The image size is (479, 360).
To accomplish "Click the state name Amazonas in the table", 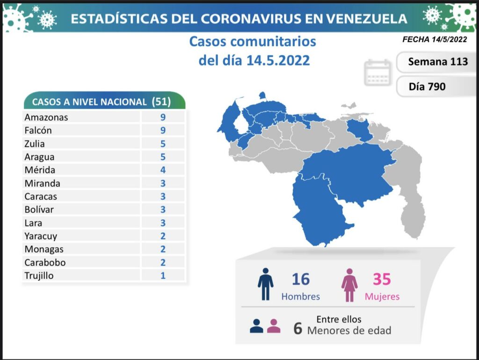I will pos(46,117).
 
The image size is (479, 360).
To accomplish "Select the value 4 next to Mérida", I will pos(163,170).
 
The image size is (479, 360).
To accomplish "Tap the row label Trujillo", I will pos(39,275).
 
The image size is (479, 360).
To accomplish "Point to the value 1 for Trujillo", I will pos(163,275).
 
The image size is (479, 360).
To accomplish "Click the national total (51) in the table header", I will pos(161,102).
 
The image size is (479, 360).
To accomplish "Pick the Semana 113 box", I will pos(437,62).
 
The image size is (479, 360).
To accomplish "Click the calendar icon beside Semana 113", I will pos(377,73).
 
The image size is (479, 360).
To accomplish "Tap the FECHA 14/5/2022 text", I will pos(435,40).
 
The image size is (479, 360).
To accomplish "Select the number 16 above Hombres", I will pos(300,279).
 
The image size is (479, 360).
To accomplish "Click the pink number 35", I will pos(381,279).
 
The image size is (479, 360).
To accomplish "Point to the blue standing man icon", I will pos(265,284).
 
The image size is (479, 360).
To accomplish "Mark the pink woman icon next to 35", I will pos(349,285).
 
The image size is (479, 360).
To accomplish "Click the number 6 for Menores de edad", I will pos(298,329).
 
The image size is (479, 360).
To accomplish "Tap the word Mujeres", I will pos(382,296).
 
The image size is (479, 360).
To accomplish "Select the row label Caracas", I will pos(41,196).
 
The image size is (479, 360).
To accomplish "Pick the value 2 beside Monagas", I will pos(163,249).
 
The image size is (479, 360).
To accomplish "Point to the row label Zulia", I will pos(35,144).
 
